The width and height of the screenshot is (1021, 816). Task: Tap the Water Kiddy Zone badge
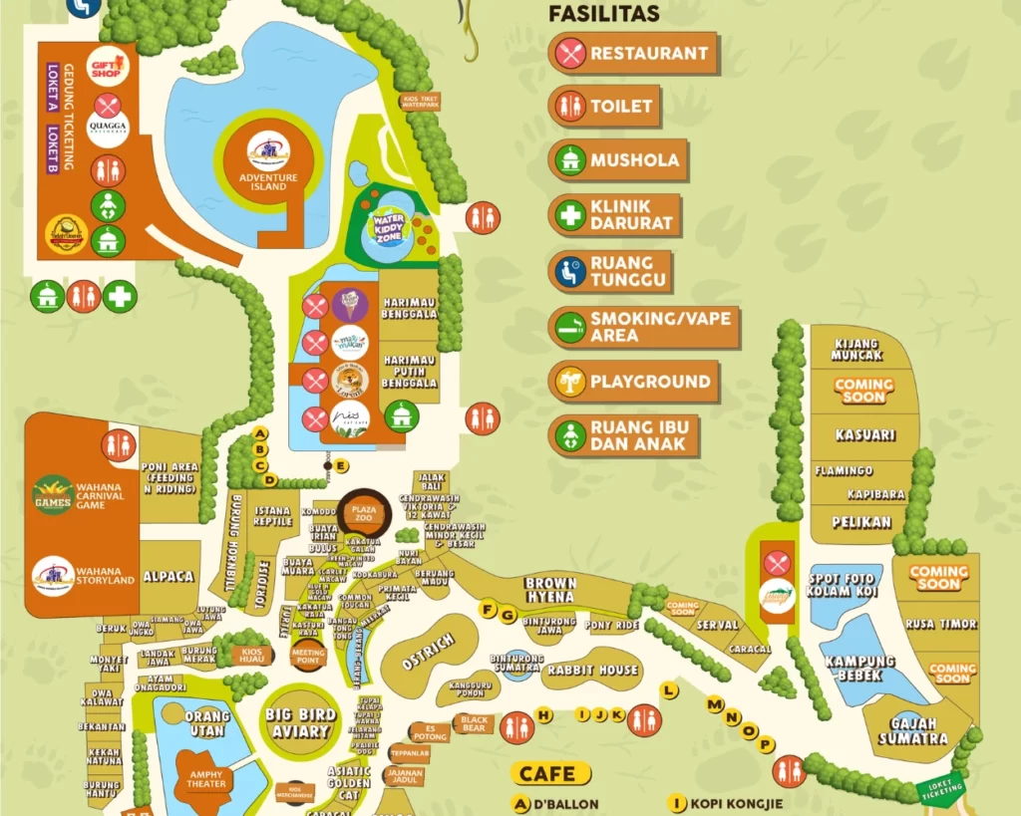(388, 225)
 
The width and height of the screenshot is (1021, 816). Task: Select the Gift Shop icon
(108, 66)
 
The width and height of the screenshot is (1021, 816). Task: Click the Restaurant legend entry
(632, 53)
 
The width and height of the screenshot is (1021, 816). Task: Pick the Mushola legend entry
(618, 159)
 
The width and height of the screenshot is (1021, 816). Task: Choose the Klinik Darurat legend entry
(614, 214)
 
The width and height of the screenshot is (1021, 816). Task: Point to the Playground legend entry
(633, 382)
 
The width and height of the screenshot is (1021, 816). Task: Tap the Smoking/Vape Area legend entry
(643, 327)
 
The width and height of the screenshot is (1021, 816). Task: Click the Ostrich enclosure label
(428, 652)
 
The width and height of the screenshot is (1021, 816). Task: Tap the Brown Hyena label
(550, 590)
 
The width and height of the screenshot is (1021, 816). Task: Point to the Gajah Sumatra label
(912, 730)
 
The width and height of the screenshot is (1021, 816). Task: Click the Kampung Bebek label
(859, 668)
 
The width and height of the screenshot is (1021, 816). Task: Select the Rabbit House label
(591, 671)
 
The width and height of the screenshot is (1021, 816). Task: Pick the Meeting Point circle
(308, 656)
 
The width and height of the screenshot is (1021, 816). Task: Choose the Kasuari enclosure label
(865, 435)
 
